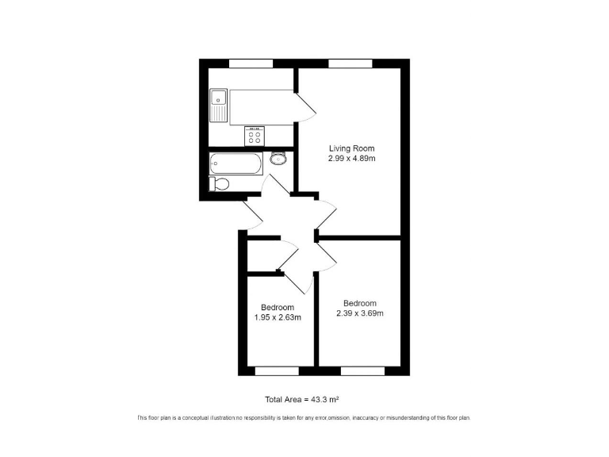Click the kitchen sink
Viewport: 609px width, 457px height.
click(218, 105)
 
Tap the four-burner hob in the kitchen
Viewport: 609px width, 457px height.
click(255, 136)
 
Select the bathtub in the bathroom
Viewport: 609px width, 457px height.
click(236, 164)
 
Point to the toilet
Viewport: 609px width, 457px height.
click(220, 184)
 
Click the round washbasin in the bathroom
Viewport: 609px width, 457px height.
click(278, 158)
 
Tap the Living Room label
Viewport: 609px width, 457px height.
click(352, 148)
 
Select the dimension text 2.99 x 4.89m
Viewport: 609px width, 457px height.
click(352, 159)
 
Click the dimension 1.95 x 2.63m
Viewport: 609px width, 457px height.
click(278, 317)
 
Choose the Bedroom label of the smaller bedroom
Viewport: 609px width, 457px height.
click(278, 308)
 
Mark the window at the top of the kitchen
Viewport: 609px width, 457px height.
click(251, 63)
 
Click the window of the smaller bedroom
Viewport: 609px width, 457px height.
click(277, 371)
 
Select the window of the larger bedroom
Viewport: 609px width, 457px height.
click(362, 371)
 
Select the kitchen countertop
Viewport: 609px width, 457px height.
click(262, 107)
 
